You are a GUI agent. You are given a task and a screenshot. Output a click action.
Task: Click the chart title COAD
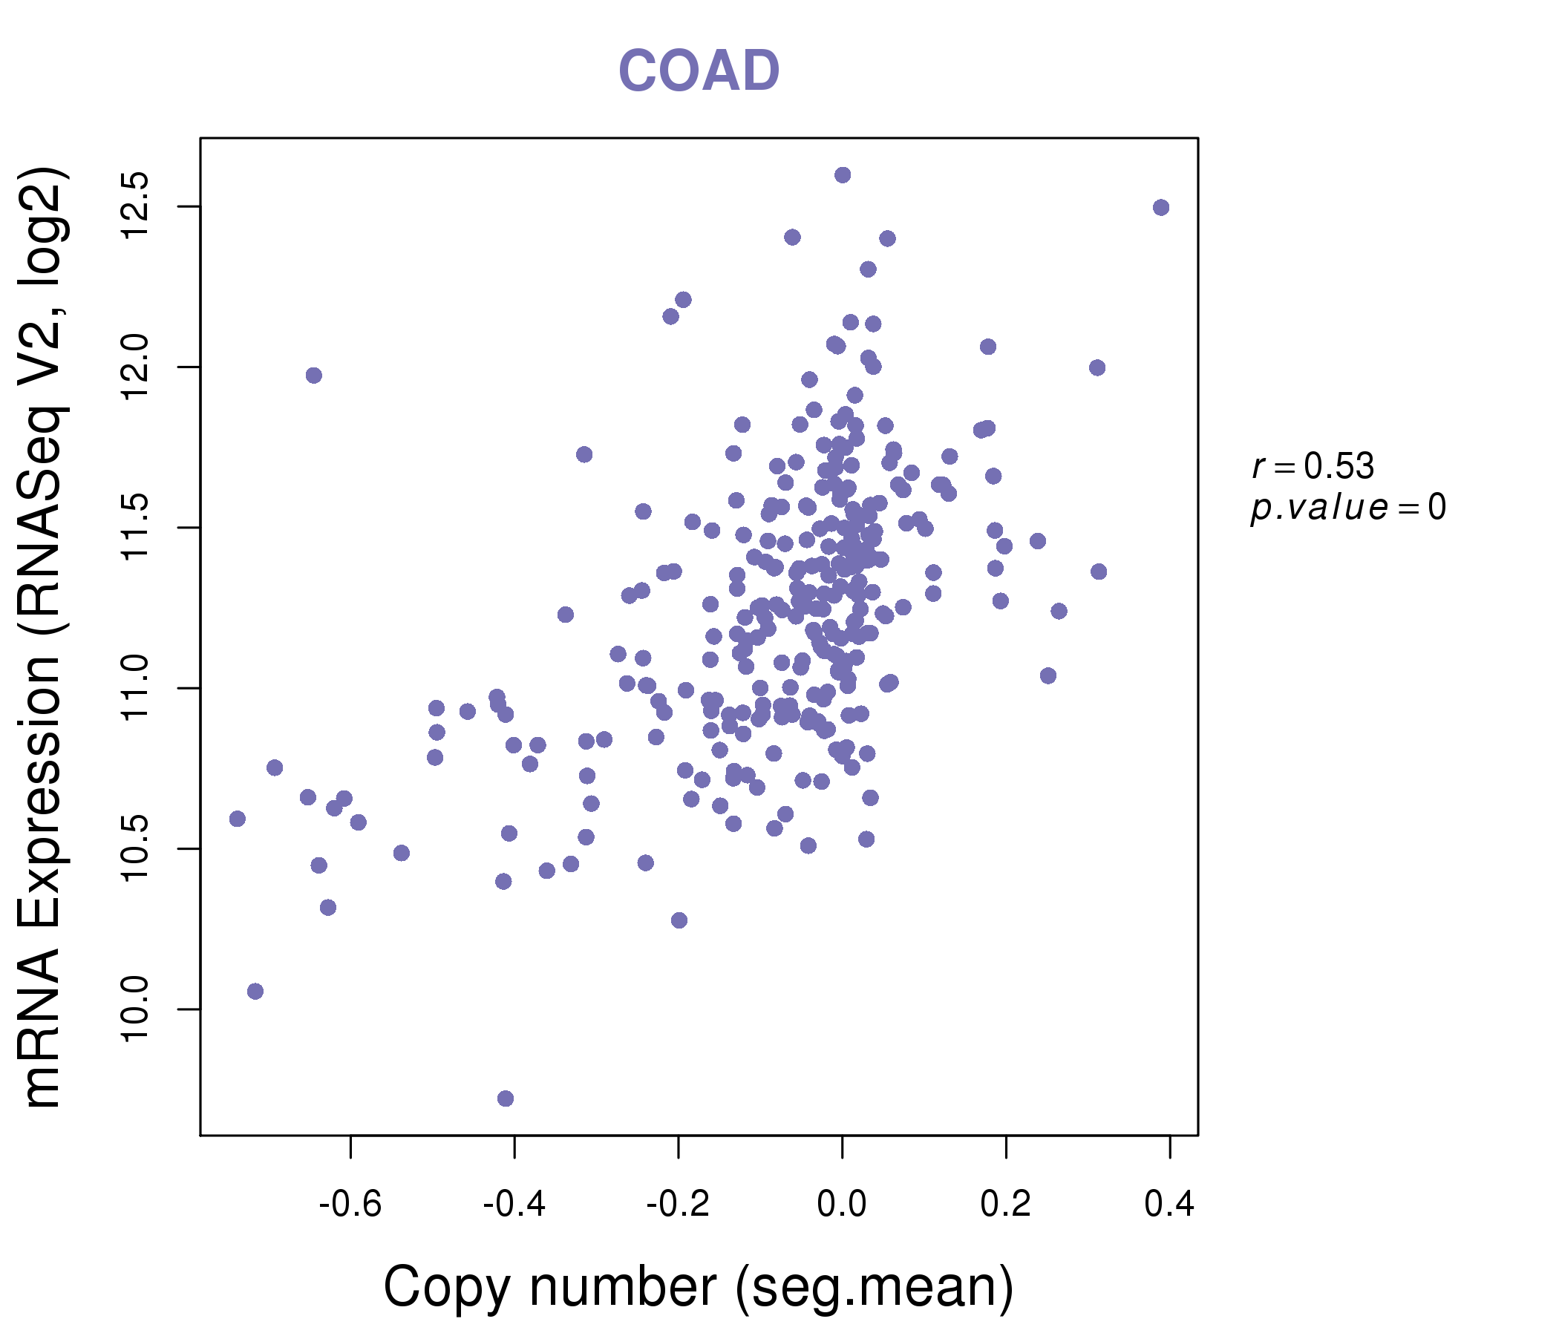699,71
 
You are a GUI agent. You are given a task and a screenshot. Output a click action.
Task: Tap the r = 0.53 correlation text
1313,466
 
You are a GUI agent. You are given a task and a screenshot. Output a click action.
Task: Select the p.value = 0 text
1347,508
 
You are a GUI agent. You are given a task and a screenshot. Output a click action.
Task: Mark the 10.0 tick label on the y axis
136,1009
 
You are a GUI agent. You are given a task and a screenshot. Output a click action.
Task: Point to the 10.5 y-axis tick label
136,848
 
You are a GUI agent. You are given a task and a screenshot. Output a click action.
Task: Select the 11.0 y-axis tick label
136,688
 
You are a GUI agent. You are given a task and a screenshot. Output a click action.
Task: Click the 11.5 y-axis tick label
136,528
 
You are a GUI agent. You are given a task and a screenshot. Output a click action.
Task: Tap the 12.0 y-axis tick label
136,367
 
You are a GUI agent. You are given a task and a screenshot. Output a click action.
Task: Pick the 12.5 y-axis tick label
136,206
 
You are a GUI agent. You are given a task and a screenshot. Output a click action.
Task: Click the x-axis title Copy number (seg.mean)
699,1287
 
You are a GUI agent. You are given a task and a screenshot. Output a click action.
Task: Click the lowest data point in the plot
506,1098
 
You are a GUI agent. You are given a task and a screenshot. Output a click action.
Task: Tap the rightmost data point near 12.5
1161,207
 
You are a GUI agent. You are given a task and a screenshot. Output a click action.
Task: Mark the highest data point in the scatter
843,174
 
